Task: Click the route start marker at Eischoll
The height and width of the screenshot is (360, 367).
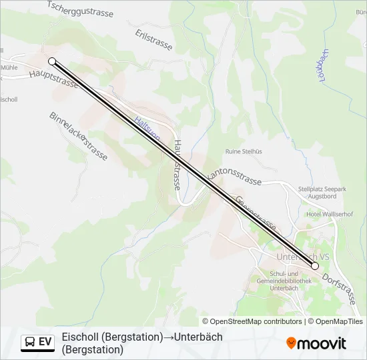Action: point(52,61)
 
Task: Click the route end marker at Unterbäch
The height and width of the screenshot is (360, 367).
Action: point(315,266)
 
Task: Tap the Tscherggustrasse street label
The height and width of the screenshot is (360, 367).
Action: point(81,9)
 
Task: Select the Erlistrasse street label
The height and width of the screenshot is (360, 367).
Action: point(153,39)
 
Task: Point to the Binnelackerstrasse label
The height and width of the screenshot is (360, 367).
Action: point(78,136)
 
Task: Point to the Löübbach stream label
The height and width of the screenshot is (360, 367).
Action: point(325,66)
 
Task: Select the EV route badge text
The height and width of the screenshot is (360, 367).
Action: point(45,342)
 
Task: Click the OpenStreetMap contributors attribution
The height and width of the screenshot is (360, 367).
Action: point(252,321)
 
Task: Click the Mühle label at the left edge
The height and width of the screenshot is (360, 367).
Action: point(9,67)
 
